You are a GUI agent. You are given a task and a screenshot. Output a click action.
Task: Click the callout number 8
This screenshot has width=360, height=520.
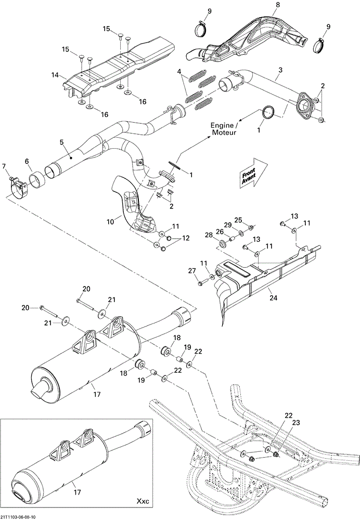pyautogui.click(x=278, y=5)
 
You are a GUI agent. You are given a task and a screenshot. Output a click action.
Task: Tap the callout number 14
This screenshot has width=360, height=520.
pyautogui.click(x=55, y=75)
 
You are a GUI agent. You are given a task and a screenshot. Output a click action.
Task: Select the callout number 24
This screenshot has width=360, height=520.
pyautogui.click(x=274, y=298)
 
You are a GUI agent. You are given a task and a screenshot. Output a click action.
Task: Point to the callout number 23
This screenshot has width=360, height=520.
pyautogui.click(x=296, y=422)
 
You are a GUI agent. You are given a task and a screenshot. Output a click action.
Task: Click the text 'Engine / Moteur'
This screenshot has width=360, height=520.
pyautogui.click(x=224, y=129)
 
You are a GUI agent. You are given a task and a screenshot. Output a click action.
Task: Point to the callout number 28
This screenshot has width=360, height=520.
pyautogui.click(x=209, y=235)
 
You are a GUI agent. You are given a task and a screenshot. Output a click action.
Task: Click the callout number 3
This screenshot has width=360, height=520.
pyautogui.click(x=280, y=70)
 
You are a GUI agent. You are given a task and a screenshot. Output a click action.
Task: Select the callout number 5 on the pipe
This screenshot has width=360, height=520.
pyautogui.click(x=61, y=142)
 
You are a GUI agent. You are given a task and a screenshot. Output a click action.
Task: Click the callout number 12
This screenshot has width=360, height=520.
pyautogui.click(x=186, y=238)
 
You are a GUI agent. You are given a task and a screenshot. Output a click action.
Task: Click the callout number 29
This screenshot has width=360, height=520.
pyautogui.click(x=228, y=225)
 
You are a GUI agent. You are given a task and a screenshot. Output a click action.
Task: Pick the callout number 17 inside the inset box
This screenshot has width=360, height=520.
pyautogui.click(x=77, y=492)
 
